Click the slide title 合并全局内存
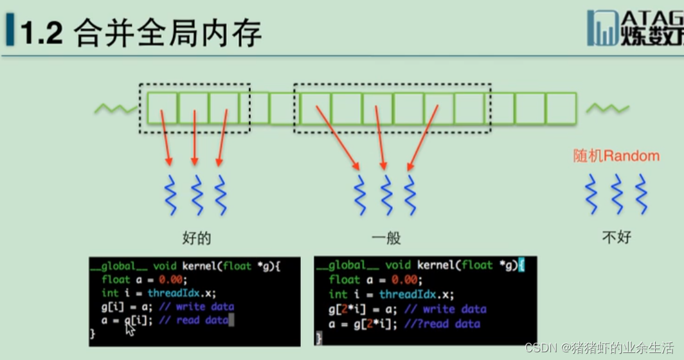(168, 33)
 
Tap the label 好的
(197, 239)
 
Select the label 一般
(386, 239)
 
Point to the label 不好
(616, 238)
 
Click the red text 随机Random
(616, 156)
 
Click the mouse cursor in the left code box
(130, 328)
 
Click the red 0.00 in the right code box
(405, 280)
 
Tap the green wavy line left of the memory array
(116, 109)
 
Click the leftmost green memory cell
(162, 108)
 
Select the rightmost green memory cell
(561, 108)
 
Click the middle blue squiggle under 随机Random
(616, 194)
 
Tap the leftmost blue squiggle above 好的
(171, 194)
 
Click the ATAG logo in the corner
(635, 28)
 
